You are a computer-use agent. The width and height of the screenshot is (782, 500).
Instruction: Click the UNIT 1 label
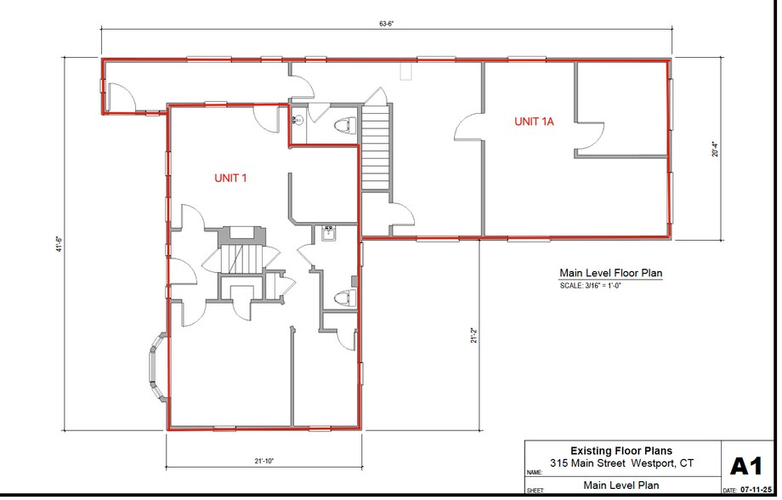[x=230, y=178]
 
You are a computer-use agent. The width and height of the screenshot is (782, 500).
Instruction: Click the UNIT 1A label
[x=534, y=122]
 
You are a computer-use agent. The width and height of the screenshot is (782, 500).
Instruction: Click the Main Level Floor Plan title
[x=610, y=273]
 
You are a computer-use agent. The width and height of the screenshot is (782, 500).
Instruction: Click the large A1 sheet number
[x=747, y=466]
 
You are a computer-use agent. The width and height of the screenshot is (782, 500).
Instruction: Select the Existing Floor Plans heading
[x=621, y=451]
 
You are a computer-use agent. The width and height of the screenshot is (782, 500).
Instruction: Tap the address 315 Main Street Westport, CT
[x=621, y=463]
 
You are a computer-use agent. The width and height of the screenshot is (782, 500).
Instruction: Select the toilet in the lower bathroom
[x=343, y=298]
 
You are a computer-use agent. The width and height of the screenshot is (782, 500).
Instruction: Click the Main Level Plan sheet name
[x=620, y=486]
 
